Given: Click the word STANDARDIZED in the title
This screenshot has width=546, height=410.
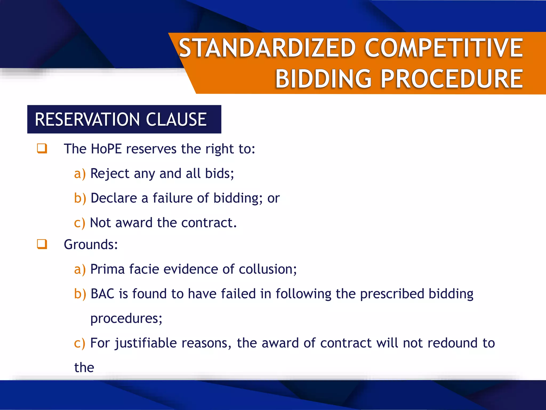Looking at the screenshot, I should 267,48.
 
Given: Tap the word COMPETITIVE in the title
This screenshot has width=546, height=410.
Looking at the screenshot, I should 444,48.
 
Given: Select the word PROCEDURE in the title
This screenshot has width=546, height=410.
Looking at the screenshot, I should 452,79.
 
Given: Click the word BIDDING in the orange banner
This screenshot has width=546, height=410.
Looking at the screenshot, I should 323,79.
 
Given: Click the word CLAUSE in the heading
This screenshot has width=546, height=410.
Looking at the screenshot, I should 176,119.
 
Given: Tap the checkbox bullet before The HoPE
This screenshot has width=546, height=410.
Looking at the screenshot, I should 42,148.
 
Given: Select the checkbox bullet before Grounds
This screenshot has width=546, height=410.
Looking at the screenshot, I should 42,244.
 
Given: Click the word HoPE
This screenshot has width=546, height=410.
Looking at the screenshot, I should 106,149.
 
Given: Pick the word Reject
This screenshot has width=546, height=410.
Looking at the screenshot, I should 110,174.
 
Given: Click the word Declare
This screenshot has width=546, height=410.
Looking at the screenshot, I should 114,198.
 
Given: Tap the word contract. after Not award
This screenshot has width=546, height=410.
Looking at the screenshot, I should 209,223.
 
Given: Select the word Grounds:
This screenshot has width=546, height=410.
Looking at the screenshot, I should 91,245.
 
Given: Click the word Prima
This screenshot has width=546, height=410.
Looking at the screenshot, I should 107,269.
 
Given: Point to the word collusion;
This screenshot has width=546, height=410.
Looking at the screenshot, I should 268,269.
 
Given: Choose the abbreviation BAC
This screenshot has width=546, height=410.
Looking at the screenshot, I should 102,294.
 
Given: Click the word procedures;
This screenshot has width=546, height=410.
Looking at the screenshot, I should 126,318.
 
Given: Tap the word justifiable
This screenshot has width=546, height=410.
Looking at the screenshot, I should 146,343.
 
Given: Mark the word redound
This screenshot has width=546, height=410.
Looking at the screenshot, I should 452,343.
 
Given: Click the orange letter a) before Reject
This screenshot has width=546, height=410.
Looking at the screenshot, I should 80,174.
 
